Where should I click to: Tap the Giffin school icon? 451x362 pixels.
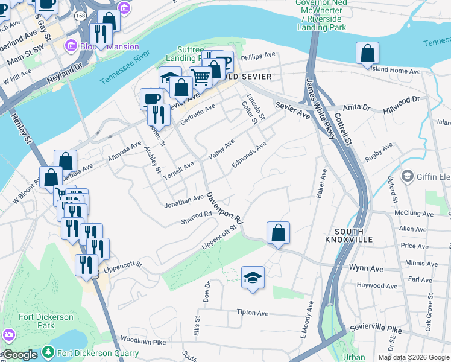pos(407,176)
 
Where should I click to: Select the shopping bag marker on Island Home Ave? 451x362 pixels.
pos(367,54)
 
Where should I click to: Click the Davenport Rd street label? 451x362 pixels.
pos(224,208)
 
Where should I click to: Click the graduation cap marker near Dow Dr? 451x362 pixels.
pos(253,278)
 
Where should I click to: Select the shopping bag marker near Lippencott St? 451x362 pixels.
pos(278,233)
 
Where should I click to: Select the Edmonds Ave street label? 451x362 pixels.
pos(248,155)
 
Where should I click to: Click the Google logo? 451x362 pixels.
pos(20,355)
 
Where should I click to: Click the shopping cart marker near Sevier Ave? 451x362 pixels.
pos(200,77)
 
